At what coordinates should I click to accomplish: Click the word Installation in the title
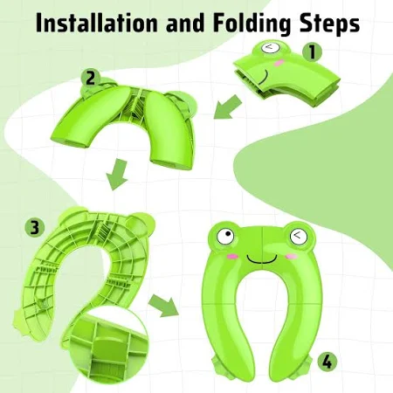(x=97, y=23)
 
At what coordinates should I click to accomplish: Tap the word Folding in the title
(x=252, y=24)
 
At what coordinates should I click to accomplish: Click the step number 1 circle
(x=312, y=52)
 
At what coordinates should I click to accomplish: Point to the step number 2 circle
(x=91, y=79)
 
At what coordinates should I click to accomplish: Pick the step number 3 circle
(x=35, y=227)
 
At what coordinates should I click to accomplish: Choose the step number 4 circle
(x=327, y=362)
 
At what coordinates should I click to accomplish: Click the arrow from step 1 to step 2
(x=228, y=107)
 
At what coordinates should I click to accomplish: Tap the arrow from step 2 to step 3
(x=117, y=174)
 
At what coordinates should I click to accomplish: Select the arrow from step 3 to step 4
(x=163, y=305)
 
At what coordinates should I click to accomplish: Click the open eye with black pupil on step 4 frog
(x=225, y=236)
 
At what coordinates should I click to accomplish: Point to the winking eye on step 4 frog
(x=299, y=237)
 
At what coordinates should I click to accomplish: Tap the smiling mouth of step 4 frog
(x=262, y=259)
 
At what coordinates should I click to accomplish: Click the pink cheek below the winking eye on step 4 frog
(x=292, y=257)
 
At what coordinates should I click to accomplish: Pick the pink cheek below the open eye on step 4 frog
(x=233, y=256)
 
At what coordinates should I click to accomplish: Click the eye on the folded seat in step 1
(x=270, y=47)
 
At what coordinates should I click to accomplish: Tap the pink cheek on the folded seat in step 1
(x=279, y=63)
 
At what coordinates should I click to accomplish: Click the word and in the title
(x=185, y=23)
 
